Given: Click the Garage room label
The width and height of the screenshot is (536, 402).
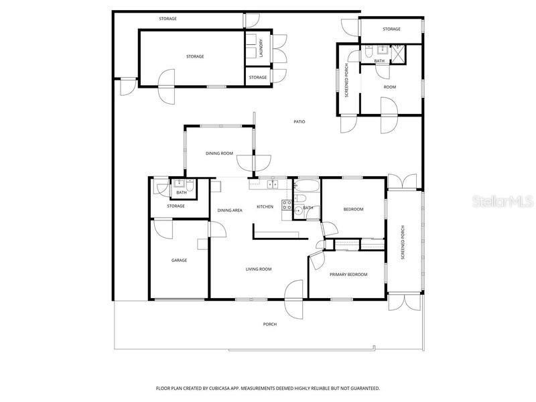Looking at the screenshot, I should (x=179, y=260).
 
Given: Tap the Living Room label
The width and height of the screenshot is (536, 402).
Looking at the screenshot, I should (x=258, y=269).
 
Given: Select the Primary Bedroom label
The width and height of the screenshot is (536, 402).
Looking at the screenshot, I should (x=348, y=274).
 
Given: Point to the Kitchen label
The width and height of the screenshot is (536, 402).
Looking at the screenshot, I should (x=265, y=206).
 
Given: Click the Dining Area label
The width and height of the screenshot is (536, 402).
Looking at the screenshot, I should (x=230, y=210).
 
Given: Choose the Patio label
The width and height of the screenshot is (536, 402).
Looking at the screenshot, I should (x=299, y=121).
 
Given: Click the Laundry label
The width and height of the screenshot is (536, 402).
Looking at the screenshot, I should (x=261, y=48).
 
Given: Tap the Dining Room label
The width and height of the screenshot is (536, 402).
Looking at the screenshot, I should (x=219, y=153).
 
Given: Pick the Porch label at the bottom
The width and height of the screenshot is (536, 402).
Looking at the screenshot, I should (x=269, y=324).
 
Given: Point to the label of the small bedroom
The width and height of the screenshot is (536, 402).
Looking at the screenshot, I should (x=353, y=209).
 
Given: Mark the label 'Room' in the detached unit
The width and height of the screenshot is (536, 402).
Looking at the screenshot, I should (x=390, y=87).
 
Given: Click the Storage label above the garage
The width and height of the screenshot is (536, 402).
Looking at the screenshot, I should (x=176, y=206).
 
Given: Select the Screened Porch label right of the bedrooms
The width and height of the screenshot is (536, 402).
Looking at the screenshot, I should (x=403, y=243).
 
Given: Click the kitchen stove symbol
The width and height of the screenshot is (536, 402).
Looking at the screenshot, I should (x=287, y=206).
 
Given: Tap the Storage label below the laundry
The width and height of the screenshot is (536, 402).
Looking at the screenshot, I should (x=258, y=77).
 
